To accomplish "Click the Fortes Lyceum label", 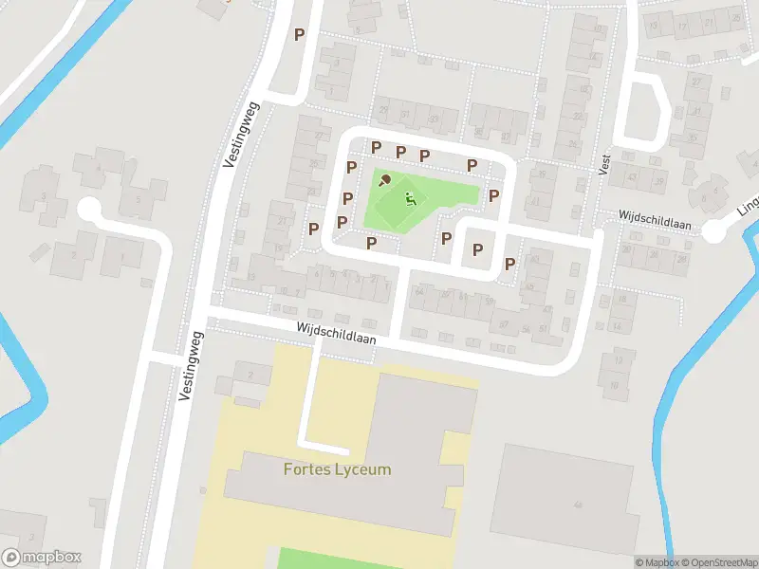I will [x=337, y=469].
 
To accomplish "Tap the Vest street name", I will [x=604, y=164].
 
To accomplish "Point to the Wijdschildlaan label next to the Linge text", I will [x=656, y=220].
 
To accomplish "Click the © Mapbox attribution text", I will [x=656, y=562].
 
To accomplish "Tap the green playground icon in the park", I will [x=410, y=199].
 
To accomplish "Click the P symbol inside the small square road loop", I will [x=477, y=249].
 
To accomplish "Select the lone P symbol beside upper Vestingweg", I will [x=300, y=34].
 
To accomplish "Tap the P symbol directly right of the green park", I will [x=493, y=195].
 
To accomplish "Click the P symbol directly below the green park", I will [x=372, y=243].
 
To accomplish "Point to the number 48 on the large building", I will [x=578, y=505].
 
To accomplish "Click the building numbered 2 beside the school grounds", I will [x=251, y=375].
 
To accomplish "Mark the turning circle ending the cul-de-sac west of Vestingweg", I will [x=89, y=207].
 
